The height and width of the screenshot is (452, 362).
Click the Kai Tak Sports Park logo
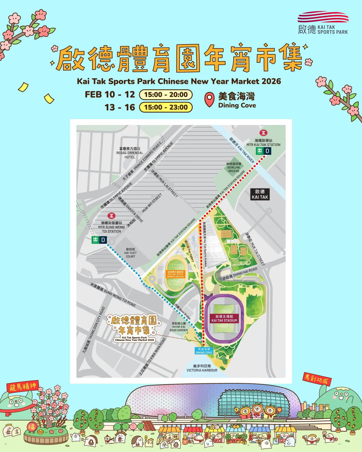(323, 23)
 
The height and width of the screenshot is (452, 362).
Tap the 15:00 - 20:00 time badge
(166, 95)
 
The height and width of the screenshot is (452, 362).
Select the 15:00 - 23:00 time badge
(166, 107)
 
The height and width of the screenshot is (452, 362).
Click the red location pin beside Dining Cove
(209, 100)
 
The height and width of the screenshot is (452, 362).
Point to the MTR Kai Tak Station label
(263, 143)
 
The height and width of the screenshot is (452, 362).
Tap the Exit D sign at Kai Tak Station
(264, 151)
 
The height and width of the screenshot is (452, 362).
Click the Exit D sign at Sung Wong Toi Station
(99, 240)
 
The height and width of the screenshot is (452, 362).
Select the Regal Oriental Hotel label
(130, 153)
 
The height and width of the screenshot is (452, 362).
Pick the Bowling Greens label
(234, 167)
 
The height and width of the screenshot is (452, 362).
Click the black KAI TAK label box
(260, 194)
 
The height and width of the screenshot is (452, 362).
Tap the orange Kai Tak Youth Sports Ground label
(175, 274)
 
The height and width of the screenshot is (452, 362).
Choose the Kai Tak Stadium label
(224, 318)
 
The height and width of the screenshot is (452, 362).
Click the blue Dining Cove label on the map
(204, 351)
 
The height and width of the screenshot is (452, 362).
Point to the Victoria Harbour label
(202, 368)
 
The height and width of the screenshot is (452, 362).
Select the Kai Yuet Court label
(130, 253)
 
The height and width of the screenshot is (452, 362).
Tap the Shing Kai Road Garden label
(179, 327)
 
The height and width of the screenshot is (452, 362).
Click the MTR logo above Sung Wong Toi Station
(111, 216)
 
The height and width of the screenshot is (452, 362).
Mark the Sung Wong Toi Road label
(113, 295)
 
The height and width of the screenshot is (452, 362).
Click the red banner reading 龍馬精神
(23, 386)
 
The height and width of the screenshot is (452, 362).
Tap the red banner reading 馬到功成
(317, 379)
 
